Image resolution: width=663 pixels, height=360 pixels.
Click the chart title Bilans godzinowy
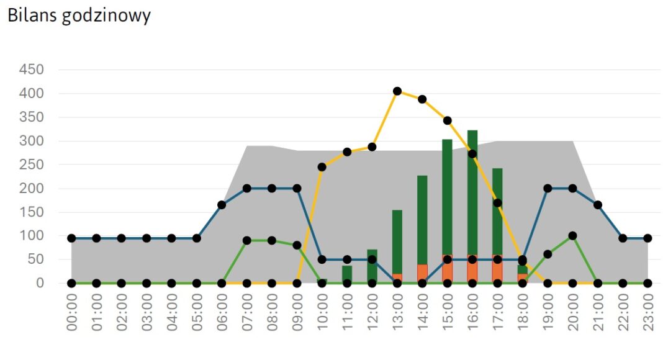coord(79,16)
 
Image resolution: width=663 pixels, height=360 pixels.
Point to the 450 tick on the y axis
coord(31,70)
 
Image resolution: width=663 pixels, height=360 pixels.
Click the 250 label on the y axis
coord(31,164)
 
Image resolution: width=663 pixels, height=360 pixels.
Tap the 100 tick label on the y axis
coord(31,236)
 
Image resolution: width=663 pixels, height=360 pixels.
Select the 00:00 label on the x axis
coord(71,313)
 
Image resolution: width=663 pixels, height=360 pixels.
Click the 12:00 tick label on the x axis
coord(372,313)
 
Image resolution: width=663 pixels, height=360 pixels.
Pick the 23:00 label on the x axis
coord(647,313)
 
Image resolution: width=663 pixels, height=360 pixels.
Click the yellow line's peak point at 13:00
coord(397,91)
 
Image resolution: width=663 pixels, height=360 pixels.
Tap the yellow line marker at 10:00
coord(322,167)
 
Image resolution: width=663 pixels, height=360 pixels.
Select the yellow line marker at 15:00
coord(447,120)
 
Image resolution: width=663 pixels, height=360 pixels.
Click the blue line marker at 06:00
coord(222,205)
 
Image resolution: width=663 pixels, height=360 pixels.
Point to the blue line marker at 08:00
coord(272,188)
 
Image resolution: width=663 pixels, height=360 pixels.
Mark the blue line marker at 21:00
coord(598,205)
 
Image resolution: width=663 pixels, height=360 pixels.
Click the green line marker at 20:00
coord(572,236)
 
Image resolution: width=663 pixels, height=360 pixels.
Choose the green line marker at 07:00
coord(247,240)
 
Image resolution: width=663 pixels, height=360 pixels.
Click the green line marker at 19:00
coord(548,254)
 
